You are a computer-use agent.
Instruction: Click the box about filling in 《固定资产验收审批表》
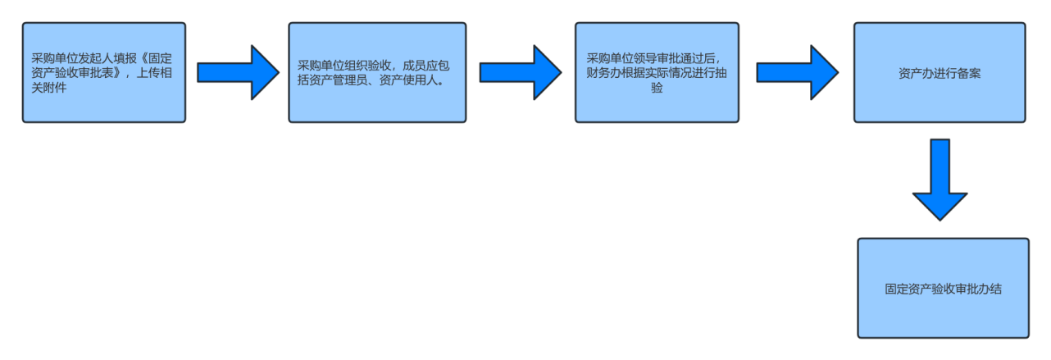coord(104,72)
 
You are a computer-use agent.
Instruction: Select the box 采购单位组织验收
coord(377,72)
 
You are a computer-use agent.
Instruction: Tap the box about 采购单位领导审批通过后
coord(657,72)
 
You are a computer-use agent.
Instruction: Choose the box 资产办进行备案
coord(940,72)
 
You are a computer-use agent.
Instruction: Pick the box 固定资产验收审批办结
coord(943,289)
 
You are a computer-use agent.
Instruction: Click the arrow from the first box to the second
coord(238,72)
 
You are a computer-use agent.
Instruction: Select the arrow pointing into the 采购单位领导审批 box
coord(520,72)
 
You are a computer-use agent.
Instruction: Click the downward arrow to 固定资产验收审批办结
coord(940,179)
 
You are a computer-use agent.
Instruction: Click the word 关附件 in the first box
coord(50,87)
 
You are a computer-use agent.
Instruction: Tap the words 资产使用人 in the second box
coord(408,80)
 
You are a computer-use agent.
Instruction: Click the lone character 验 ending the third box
coord(657,88)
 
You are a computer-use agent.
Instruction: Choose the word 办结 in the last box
coord(990,289)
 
